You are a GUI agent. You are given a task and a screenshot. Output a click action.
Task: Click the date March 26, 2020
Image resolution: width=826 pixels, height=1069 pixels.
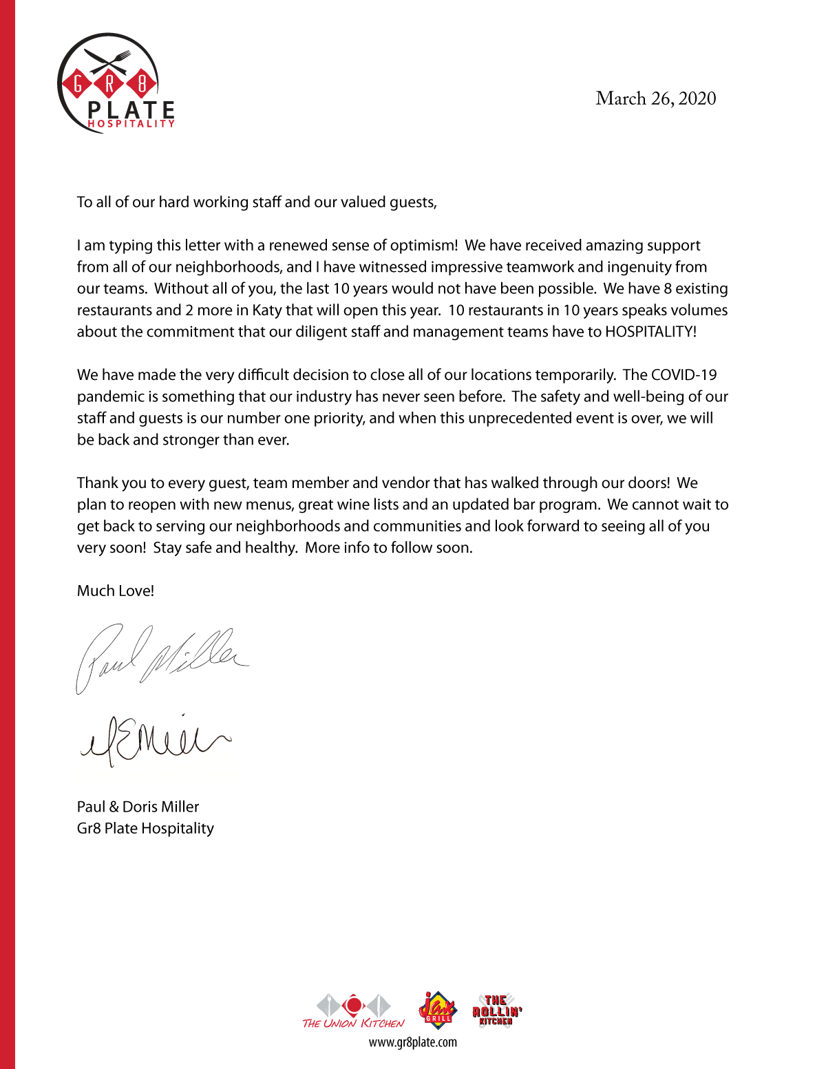point(655,98)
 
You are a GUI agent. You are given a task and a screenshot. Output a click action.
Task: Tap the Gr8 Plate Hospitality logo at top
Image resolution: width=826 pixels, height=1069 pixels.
point(116,84)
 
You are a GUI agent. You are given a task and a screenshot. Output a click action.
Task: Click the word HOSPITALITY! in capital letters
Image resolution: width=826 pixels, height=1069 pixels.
point(650,332)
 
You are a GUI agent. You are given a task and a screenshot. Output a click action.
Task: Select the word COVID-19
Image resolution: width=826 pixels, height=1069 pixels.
point(684,375)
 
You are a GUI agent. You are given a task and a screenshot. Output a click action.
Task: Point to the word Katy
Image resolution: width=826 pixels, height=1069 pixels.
point(267,310)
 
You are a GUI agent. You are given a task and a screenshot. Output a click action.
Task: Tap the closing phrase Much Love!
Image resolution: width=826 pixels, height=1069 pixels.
point(116,591)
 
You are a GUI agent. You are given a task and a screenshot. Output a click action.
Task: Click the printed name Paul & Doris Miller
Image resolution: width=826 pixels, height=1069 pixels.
point(138,807)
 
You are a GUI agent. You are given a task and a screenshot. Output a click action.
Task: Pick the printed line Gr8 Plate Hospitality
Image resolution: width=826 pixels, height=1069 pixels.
point(145,828)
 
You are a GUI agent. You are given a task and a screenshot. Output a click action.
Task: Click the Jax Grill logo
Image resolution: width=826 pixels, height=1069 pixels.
point(438,1008)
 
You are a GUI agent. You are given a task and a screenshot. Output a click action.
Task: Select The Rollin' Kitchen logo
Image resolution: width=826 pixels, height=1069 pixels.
point(497,1010)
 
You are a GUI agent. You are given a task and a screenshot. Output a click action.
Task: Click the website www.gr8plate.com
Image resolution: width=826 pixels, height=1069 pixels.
point(413,1042)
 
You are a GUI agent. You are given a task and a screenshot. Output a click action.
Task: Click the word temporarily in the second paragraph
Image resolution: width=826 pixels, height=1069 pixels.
point(575,375)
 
